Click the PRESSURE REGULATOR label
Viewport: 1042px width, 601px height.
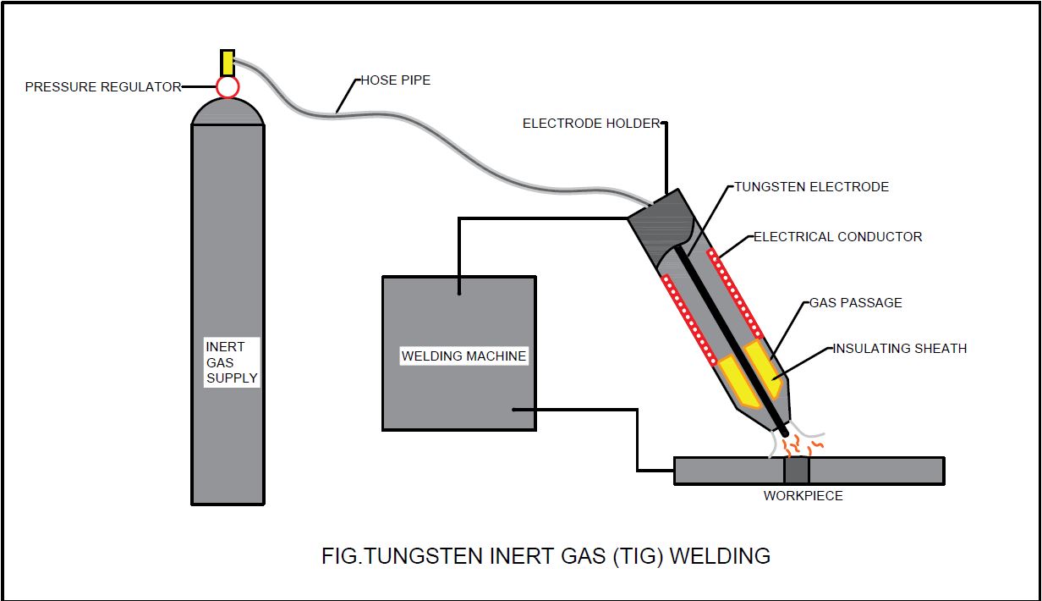(102, 86)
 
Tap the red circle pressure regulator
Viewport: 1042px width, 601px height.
(227, 86)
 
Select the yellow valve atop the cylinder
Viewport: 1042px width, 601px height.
(227, 63)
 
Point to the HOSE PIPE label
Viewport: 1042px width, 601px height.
(395, 80)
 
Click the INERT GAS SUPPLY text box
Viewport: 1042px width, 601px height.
(231, 362)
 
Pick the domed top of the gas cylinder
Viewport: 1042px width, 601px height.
(228, 112)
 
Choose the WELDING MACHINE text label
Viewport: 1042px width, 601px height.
(463, 356)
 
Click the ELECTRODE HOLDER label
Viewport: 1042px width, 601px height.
(590, 124)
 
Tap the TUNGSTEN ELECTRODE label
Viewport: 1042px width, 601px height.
(811, 187)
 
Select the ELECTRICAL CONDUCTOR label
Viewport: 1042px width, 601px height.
(837, 237)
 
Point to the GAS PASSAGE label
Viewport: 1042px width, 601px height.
(855, 302)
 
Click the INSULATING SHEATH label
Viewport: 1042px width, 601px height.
(899, 348)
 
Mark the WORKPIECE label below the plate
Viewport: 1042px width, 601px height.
(803, 495)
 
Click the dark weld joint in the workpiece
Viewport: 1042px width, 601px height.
(797, 471)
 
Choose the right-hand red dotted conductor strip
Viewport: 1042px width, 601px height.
(735, 292)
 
